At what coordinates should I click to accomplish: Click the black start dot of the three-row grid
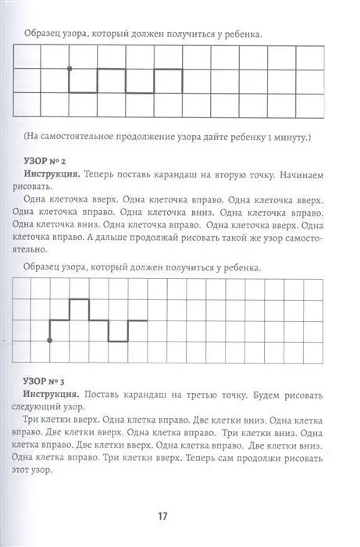70,68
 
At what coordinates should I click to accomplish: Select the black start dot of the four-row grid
51,341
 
